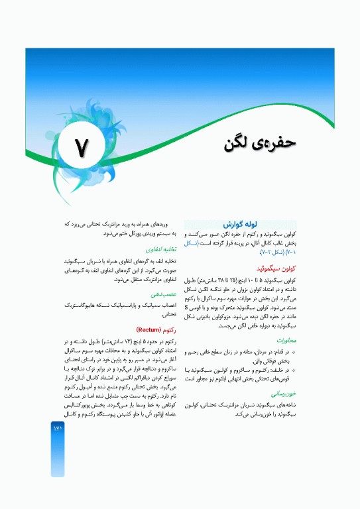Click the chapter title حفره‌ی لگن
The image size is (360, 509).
pos(259,142)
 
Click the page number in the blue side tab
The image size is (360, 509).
pos(57,410)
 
